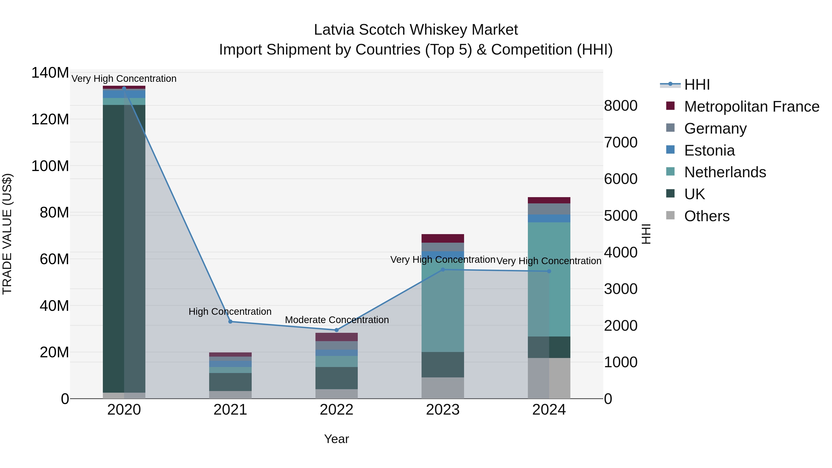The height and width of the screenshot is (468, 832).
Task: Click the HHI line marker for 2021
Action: click(230, 322)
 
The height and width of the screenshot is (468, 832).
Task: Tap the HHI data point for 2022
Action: click(336, 330)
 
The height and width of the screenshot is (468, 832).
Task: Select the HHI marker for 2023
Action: click(443, 270)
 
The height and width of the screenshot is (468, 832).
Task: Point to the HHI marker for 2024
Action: click(549, 271)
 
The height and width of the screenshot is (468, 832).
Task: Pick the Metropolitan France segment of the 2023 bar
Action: click(443, 238)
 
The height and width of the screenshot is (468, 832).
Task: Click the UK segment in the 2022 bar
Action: click(336, 378)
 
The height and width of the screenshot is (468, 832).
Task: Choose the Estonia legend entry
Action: click(709, 150)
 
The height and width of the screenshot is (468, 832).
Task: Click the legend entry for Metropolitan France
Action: click(751, 107)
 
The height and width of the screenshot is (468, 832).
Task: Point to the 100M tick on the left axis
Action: click(50, 166)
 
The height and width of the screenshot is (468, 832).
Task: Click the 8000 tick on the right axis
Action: click(621, 106)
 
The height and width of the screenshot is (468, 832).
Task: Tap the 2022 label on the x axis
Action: click(336, 410)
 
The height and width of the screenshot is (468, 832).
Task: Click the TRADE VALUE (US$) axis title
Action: click(7, 234)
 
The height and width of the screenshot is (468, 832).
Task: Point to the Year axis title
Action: click(336, 439)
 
